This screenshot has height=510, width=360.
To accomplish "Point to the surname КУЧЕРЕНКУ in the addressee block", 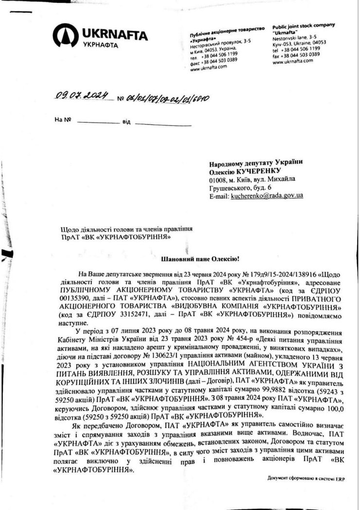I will (x=261, y=171).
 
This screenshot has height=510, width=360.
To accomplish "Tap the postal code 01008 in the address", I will (x=217, y=180).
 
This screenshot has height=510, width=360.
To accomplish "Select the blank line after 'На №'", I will (x=97, y=121).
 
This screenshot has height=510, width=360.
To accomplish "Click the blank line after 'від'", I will (x=156, y=121).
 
